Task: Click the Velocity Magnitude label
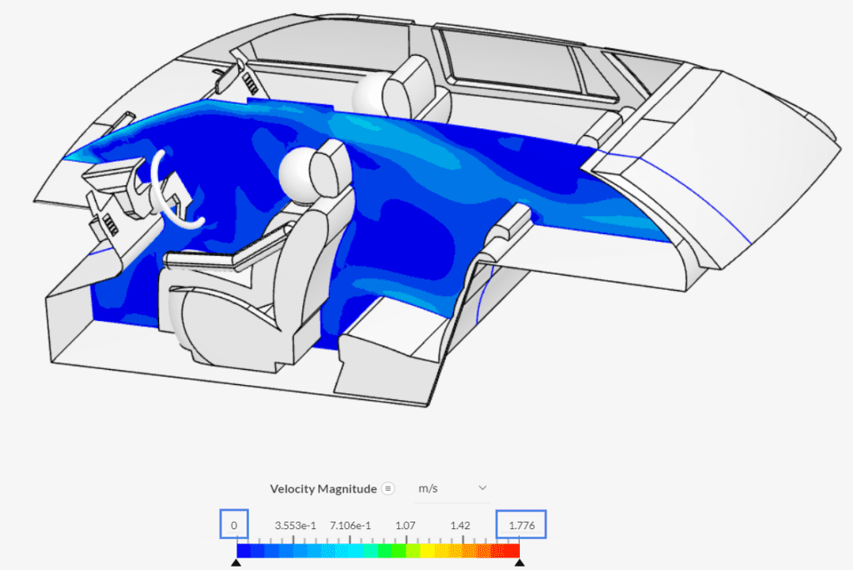tap(323, 489)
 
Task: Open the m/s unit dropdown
tap(452, 488)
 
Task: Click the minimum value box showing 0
tap(234, 525)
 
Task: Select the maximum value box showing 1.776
tap(521, 525)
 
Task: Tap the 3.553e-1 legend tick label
tap(295, 525)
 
